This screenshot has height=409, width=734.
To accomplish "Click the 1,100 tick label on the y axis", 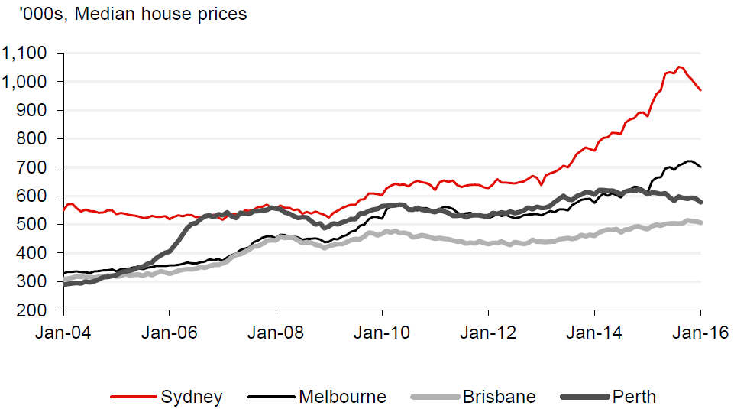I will [x=25, y=54].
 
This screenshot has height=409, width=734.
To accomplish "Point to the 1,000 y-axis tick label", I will [x=25, y=82].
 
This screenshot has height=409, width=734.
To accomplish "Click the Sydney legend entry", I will [x=192, y=397].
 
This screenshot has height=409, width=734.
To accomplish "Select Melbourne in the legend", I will [x=342, y=397].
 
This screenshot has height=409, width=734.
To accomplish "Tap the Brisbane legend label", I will [x=499, y=397].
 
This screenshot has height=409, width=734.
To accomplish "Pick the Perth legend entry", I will [x=634, y=397].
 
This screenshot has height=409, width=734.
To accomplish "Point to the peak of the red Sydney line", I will [x=680, y=67].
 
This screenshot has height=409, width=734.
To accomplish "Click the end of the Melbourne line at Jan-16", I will [x=700, y=167].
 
